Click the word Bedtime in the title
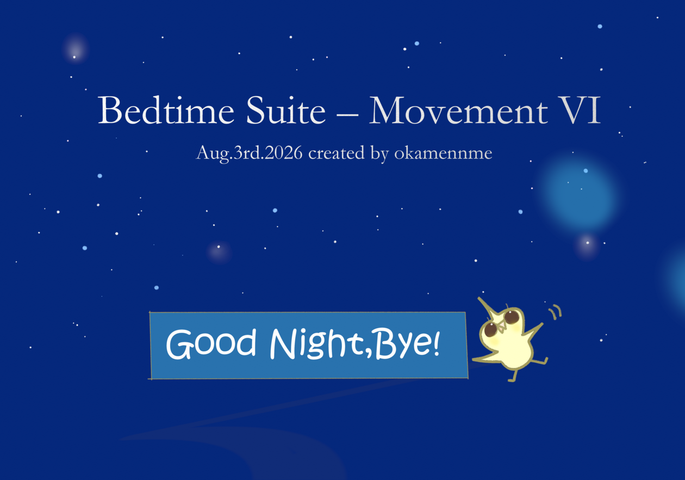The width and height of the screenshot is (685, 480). (166, 109)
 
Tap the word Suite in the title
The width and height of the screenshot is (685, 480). (286, 109)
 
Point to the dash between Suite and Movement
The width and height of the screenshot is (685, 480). (347, 115)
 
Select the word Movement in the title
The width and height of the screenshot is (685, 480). (459, 109)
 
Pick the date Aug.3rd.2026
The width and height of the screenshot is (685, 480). (249, 153)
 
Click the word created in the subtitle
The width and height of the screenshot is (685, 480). (337, 153)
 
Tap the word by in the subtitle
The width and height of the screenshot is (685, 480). (379, 153)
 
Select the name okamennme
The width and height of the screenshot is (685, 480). (443, 153)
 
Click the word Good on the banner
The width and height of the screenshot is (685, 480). (211, 343)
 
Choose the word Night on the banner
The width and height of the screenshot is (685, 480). (316, 343)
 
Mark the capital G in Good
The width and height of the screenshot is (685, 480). (180, 344)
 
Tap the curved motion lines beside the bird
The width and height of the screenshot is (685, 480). (555, 312)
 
